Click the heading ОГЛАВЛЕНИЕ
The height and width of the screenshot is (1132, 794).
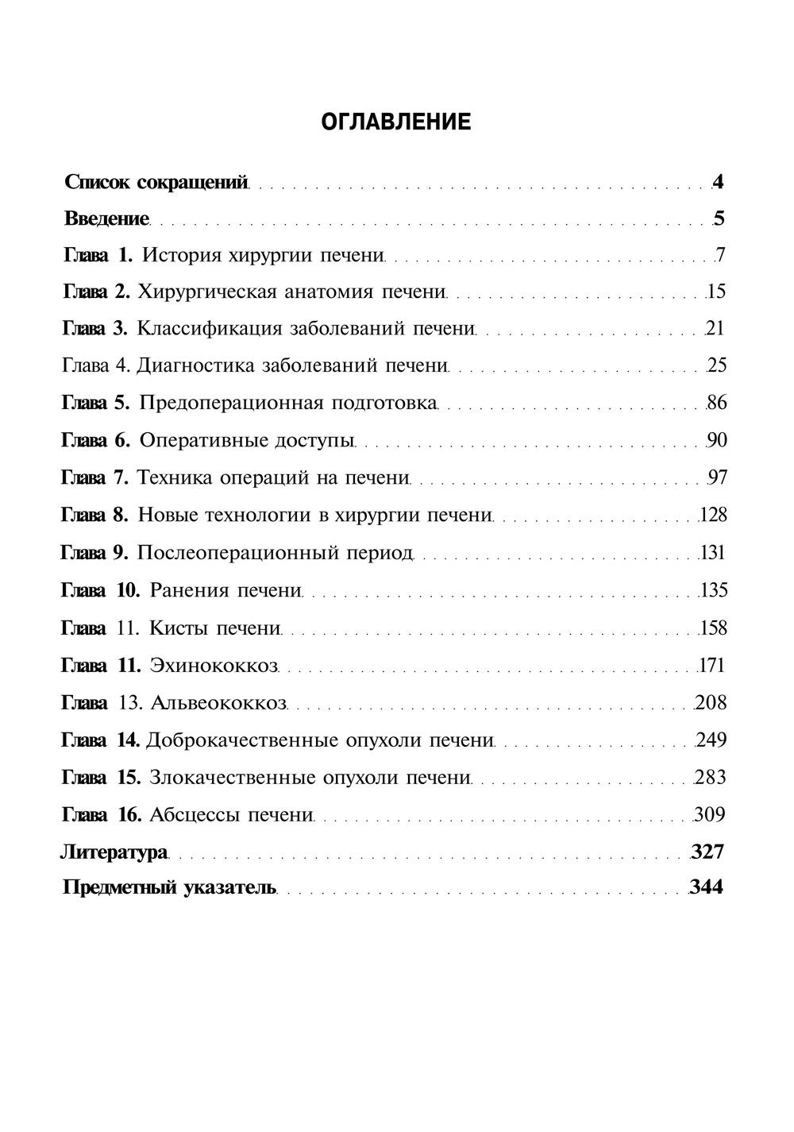point(396,122)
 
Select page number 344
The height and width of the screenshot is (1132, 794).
point(706,887)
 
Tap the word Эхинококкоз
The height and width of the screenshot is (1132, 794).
point(214,666)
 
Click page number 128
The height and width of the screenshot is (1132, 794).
point(713,516)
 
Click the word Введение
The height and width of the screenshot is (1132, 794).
point(106,218)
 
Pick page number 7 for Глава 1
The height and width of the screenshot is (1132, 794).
point(720,255)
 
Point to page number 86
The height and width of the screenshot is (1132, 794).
point(716,403)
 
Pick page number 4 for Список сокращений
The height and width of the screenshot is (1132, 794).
point(718,182)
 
